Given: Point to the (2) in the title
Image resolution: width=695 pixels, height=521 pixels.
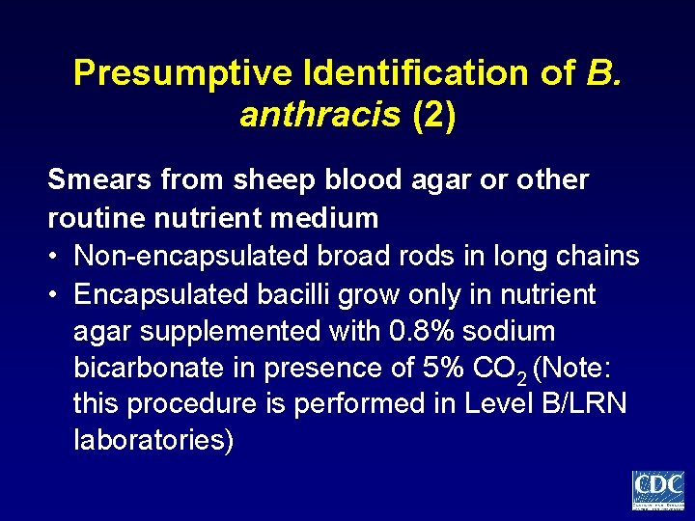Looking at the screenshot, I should [x=434, y=116].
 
